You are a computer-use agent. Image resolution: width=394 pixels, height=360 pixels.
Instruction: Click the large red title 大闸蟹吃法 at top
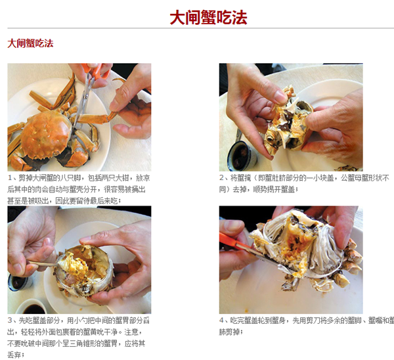click(x=208, y=18)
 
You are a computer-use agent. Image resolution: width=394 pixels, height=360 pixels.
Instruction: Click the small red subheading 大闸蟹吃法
click(x=30, y=43)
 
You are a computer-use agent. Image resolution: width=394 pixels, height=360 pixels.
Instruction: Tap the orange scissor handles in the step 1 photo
click(x=96, y=70)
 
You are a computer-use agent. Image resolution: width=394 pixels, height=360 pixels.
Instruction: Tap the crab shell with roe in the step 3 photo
click(x=83, y=272)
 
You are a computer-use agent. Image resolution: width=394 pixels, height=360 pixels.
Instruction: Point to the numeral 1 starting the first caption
click(x=10, y=178)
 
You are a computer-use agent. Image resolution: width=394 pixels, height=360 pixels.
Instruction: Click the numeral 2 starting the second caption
click(x=221, y=178)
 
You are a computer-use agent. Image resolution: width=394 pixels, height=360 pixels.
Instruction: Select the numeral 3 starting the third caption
click(x=10, y=321)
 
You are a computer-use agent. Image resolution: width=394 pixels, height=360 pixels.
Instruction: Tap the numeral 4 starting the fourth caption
click(x=221, y=321)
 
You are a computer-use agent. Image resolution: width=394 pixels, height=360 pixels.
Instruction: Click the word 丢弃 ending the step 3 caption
click(x=14, y=355)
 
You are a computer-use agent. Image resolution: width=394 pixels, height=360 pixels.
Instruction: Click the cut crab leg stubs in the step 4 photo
click(x=351, y=261)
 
